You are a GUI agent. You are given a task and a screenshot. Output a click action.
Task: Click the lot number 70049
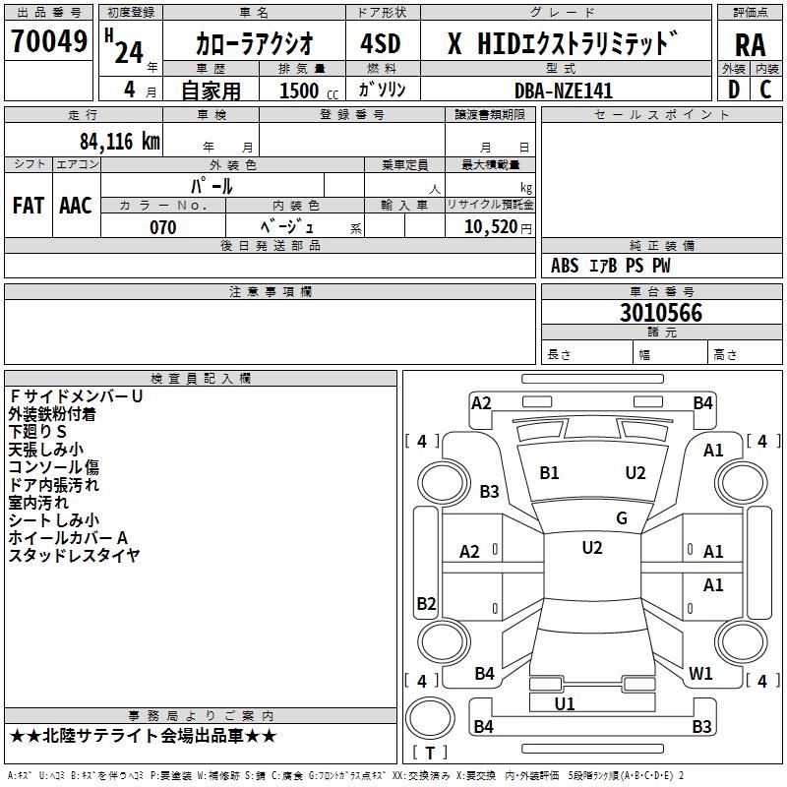48,41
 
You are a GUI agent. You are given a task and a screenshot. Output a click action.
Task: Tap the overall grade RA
750,44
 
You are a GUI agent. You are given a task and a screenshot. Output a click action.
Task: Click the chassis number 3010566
661,313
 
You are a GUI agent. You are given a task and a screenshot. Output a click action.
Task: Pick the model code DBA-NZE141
564,91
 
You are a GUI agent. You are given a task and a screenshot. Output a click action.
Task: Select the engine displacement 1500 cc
305,91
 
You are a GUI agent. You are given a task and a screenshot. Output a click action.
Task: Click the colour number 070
163,227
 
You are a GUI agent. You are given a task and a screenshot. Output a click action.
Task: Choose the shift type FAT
29,206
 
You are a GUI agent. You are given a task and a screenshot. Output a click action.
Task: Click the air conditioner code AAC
76,206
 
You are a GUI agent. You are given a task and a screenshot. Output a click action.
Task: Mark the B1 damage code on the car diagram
549,473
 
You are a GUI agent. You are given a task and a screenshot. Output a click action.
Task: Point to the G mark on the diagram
621,518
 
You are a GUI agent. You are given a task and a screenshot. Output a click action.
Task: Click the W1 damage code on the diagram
700,674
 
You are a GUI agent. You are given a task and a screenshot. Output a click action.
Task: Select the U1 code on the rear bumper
564,703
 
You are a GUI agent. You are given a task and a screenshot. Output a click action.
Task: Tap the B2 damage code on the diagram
426,603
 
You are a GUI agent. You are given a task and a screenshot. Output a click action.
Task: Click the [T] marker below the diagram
429,754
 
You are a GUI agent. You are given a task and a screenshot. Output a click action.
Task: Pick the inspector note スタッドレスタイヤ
74,556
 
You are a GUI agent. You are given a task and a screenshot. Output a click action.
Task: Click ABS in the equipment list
565,266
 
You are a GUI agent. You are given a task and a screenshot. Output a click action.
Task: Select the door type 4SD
381,44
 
